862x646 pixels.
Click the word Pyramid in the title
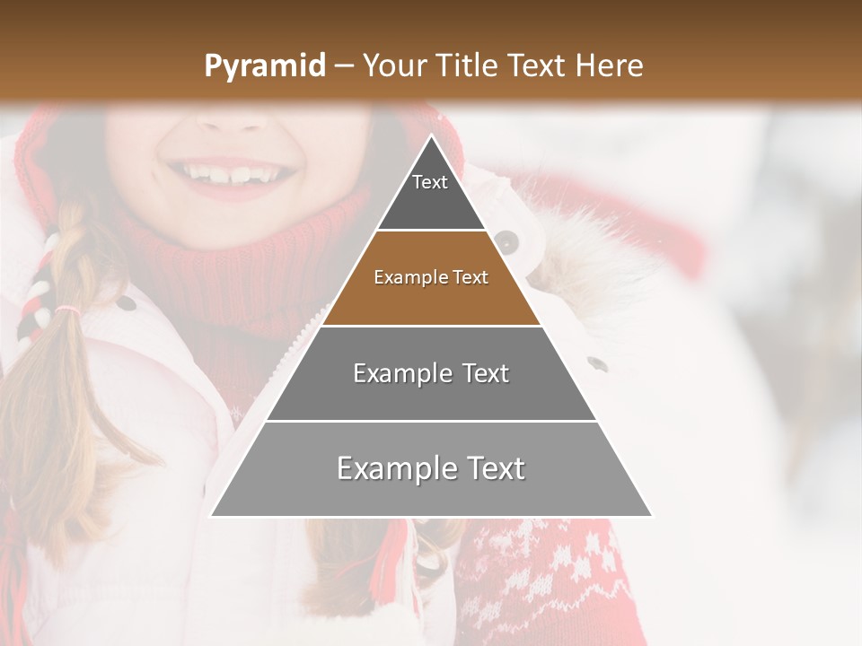click(264, 66)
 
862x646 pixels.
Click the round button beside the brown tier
click(506, 240)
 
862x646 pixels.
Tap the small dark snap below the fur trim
click(596, 363)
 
